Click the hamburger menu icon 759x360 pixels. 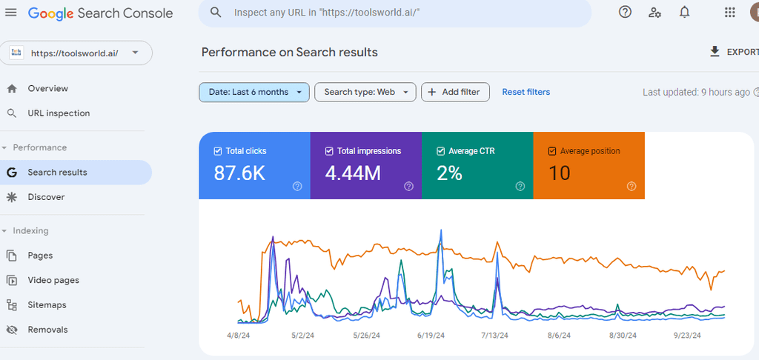[11, 13]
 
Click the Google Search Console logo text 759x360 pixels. [101, 13]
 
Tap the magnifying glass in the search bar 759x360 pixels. [216, 13]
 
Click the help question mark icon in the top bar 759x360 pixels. [625, 12]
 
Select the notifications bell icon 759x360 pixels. [684, 12]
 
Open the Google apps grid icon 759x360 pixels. [729, 13]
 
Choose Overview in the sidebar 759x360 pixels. [47, 88]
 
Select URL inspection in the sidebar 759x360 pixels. [59, 113]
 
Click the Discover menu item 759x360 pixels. [46, 197]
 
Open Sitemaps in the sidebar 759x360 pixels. [47, 305]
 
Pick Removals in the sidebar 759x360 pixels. [47, 330]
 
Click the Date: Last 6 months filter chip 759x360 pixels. [253, 92]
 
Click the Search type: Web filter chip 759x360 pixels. [365, 92]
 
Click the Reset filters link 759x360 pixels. [526, 92]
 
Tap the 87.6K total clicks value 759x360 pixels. [239, 173]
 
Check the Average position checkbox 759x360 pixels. [551, 151]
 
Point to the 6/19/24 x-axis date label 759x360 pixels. [431, 336]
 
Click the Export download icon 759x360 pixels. [715, 51]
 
